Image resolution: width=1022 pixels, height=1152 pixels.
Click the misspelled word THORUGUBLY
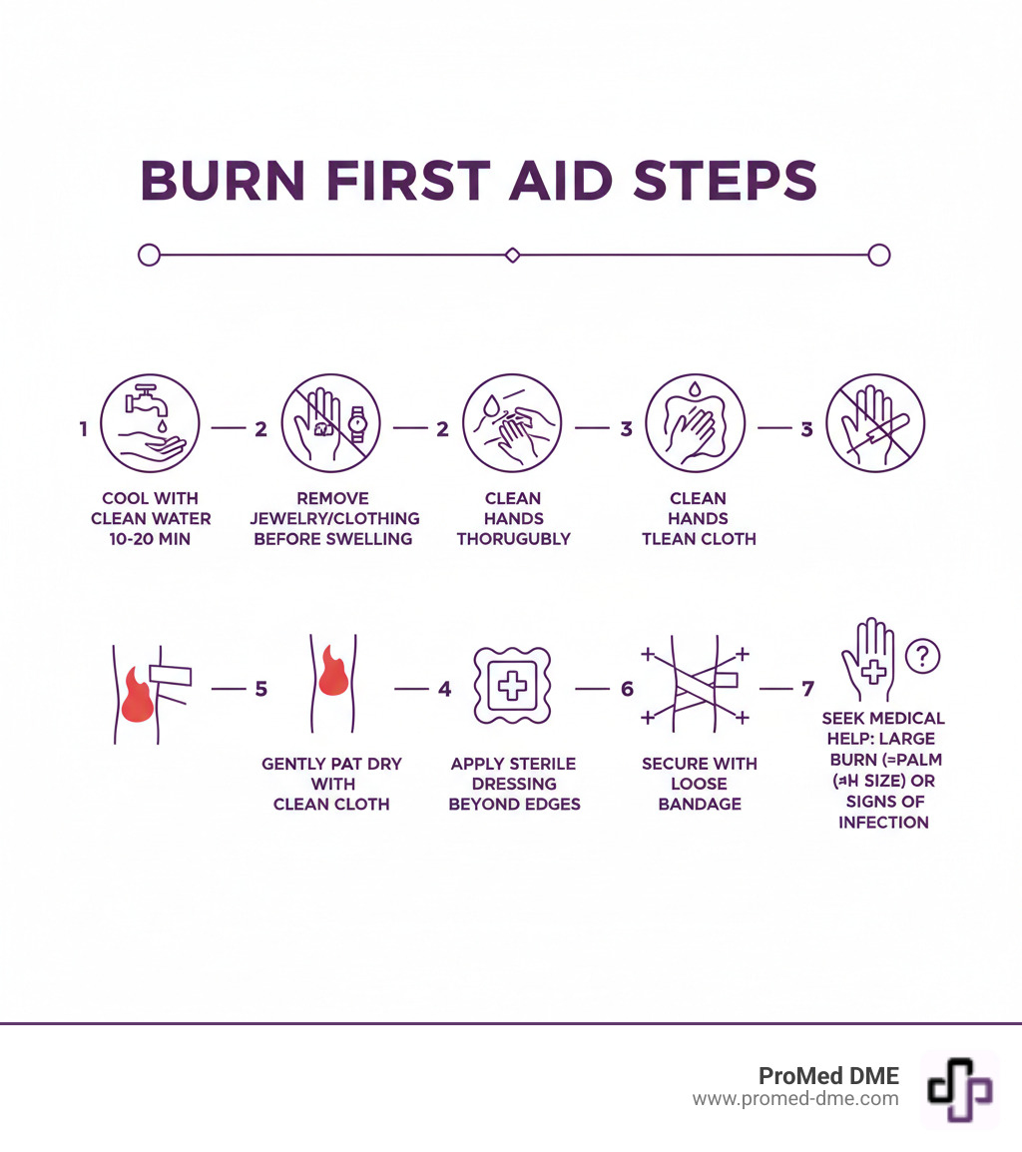[x=513, y=539]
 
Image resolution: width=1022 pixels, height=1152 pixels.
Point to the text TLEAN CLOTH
[x=699, y=539]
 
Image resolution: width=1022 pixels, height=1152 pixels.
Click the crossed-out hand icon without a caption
[x=875, y=422]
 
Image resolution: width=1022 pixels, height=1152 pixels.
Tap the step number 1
[x=84, y=429]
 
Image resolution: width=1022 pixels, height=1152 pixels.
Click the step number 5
[x=261, y=689]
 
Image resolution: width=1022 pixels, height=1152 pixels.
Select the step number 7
[x=807, y=689]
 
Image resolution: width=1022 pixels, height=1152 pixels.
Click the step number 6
[x=627, y=689]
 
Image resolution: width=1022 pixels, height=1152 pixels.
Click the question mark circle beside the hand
[x=923, y=656]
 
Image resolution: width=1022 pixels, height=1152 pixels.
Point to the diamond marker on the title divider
[x=513, y=256]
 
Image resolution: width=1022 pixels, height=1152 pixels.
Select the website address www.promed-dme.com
[x=795, y=1099]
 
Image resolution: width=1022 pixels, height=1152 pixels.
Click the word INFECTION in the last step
[x=883, y=823]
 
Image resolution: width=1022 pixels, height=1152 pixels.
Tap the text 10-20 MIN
[x=151, y=539]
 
